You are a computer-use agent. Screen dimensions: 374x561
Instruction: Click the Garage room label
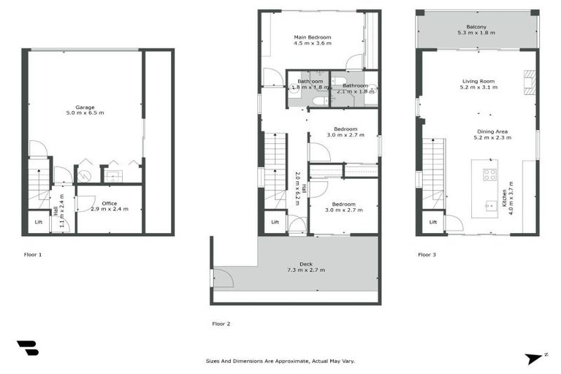85,107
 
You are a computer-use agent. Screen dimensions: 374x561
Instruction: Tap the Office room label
110,204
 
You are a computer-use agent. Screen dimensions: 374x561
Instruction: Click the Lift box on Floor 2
275,222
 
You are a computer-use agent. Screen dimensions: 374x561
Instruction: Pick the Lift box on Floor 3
432,222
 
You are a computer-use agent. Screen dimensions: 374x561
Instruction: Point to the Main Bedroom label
313,37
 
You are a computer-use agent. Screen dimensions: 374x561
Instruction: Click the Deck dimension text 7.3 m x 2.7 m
306,270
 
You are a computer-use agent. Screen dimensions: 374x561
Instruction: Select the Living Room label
478,81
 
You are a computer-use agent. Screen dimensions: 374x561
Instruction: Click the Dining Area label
491,131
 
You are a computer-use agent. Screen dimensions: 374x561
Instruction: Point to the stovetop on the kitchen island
489,175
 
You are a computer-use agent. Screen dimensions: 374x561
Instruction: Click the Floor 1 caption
31,255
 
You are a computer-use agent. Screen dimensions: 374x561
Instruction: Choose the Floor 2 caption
221,322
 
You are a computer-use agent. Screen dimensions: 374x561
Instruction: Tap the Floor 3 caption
427,255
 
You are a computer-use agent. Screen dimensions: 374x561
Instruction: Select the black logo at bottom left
27,348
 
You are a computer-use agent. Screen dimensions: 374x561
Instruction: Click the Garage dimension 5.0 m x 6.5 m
85,113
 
